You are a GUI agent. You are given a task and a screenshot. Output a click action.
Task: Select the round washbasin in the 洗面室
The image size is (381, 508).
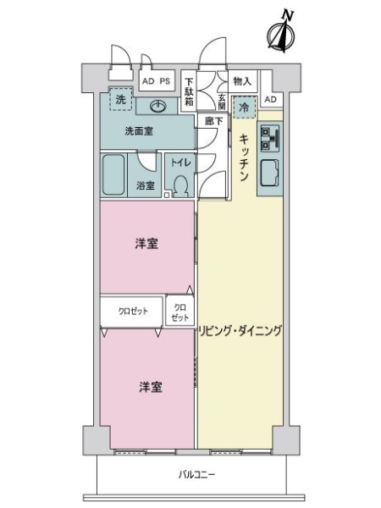coord(158,106)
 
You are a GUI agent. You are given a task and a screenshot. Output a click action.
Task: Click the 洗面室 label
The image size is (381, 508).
coord(138,131)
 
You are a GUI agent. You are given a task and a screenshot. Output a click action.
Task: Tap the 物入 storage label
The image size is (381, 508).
coord(241,80)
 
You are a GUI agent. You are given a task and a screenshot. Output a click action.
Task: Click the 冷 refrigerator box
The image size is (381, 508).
coord(244,108)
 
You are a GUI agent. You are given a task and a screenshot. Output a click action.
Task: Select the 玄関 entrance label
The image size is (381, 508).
coord(222,97)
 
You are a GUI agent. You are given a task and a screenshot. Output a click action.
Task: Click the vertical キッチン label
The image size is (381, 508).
coord(243,158)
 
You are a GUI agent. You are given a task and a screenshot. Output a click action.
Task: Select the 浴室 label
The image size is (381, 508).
coord(146,185)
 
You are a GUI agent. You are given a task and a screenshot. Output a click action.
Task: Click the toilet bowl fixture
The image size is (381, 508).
coord(179,184)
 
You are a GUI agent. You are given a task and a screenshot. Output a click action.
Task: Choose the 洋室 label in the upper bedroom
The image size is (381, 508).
coord(147,244)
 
